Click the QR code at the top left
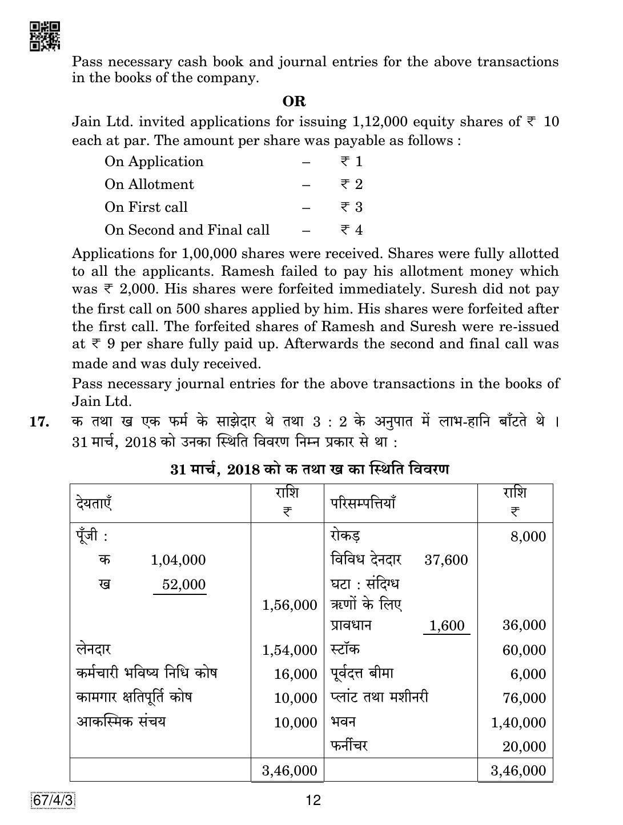pyautogui.click(x=44, y=37)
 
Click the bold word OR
pyautogui.click(x=294, y=102)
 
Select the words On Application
pyautogui.click(x=154, y=162)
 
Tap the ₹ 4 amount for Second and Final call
pyautogui.click(x=351, y=230)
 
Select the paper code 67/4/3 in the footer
pyautogui.click(x=53, y=801)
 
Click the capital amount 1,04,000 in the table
pyautogui.click(x=178, y=560)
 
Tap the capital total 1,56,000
pyautogui.click(x=290, y=605)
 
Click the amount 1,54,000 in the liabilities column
pyautogui.click(x=290, y=650)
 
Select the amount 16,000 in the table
pyautogui.click(x=295, y=674)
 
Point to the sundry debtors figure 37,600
pyautogui.click(x=446, y=560)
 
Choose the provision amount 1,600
pyautogui.click(x=446, y=626)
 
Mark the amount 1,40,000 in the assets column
pyautogui.click(x=519, y=722)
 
